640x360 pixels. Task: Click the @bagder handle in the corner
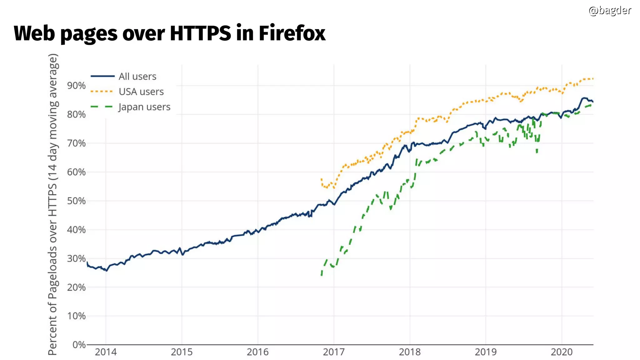coord(610,10)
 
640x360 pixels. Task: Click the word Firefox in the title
coord(292,33)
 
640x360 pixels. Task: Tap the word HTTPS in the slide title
coord(200,33)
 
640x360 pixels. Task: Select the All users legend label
coord(137,76)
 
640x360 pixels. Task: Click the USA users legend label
coord(141,92)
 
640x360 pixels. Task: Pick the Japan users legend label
coord(144,107)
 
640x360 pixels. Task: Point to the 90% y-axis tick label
coord(76,85)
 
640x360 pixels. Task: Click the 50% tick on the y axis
coord(76,201)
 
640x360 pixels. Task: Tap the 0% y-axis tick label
coord(79,345)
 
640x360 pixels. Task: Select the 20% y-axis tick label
coord(76,287)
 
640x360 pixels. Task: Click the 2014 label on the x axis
coord(106,352)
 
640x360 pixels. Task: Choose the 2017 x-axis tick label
coord(333,352)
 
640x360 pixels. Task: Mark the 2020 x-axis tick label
coord(561,352)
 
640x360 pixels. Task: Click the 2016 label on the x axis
coord(257,352)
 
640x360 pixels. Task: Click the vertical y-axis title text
coord(52,205)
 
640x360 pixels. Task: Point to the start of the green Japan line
coord(322,274)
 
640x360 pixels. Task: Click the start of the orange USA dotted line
coord(321,179)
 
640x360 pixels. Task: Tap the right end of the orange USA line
coord(592,79)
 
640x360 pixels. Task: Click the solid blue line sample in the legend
coord(102,76)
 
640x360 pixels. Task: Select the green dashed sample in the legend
coord(102,107)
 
